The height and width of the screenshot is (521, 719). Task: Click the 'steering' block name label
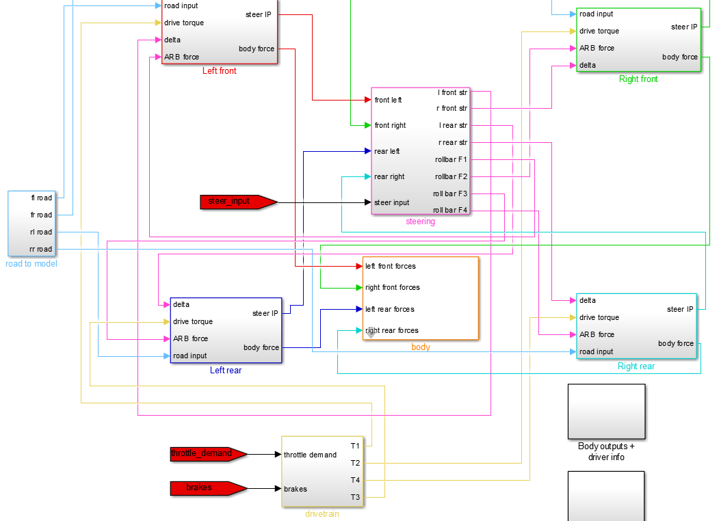pyautogui.click(x=420, y=222)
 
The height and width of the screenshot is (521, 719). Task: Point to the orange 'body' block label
pyautogui.click(x=421, y=347)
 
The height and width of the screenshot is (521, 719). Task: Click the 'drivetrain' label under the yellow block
pyautogui.click(x=322, y=514)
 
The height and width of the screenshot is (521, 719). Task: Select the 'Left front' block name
pyautogui.click(x=220, y=71)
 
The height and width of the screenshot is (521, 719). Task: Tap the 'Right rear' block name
pyautogui.click(x=636, y=366)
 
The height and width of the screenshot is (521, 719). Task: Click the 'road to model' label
pyautogui.click(x=31, y=264)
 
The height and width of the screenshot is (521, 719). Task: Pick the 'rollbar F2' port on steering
pyautogui.click(x=451, y=176)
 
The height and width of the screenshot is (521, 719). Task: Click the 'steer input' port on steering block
pyautogui.click(x=392, y=202)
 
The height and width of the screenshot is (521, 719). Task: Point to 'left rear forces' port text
pyautogui.click(x=390, y=309)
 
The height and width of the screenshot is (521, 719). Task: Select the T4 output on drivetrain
pyautogui.click(x=355, y=480)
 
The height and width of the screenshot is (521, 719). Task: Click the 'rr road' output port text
pyautogui.click(x=40, y=249)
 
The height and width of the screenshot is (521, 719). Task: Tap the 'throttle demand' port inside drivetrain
pyautogui.click(x=310, y=455)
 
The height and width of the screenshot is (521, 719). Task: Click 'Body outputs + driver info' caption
pyautogui.click(x=606, y=452)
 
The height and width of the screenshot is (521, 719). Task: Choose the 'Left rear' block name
pyautogui.click(x=226, y=371)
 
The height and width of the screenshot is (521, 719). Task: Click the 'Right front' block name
pyautogui.click(x=638, y=79)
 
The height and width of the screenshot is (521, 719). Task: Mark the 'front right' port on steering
pyautogui.click(x=390, y=125)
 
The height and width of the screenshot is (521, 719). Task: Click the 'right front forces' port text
pyautogui.click(x=393, y=287)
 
